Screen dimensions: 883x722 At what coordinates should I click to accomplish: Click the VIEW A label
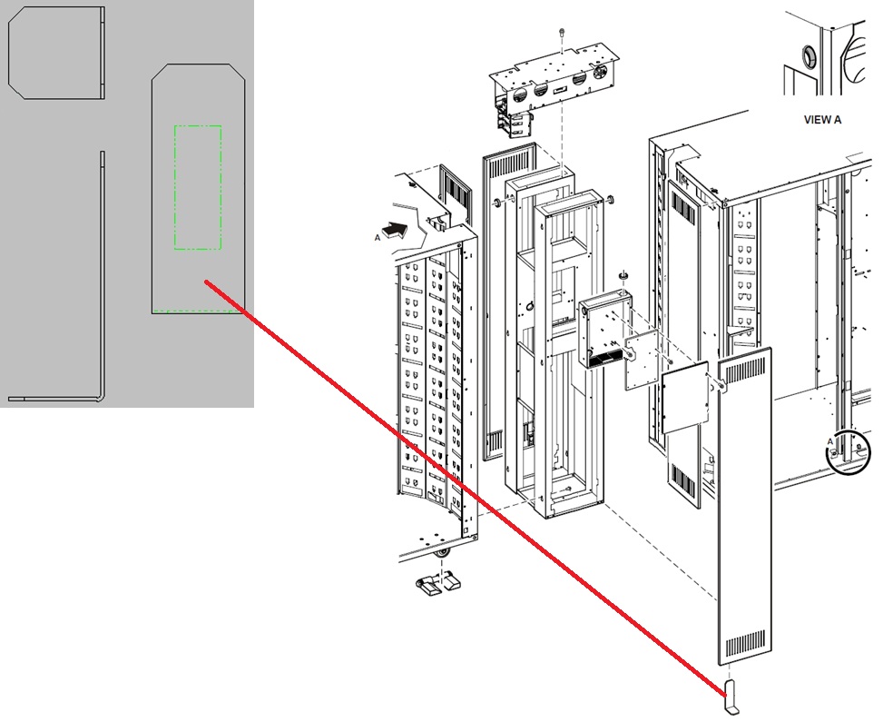822,120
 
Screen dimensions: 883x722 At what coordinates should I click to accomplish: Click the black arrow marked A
395,230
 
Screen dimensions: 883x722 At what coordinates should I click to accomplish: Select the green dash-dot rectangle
198,187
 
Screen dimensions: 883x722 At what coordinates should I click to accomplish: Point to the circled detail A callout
848,450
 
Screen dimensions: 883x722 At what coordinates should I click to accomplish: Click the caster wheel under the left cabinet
444,555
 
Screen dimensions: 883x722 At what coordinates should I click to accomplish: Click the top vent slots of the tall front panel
744,372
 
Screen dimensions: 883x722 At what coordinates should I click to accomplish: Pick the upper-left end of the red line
206,282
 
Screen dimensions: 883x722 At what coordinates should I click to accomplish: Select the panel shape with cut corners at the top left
56,53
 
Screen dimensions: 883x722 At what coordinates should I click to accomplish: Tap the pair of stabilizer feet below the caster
437,583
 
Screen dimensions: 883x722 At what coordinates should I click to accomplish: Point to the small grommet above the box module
623,274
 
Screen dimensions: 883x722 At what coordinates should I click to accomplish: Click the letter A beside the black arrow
378,238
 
